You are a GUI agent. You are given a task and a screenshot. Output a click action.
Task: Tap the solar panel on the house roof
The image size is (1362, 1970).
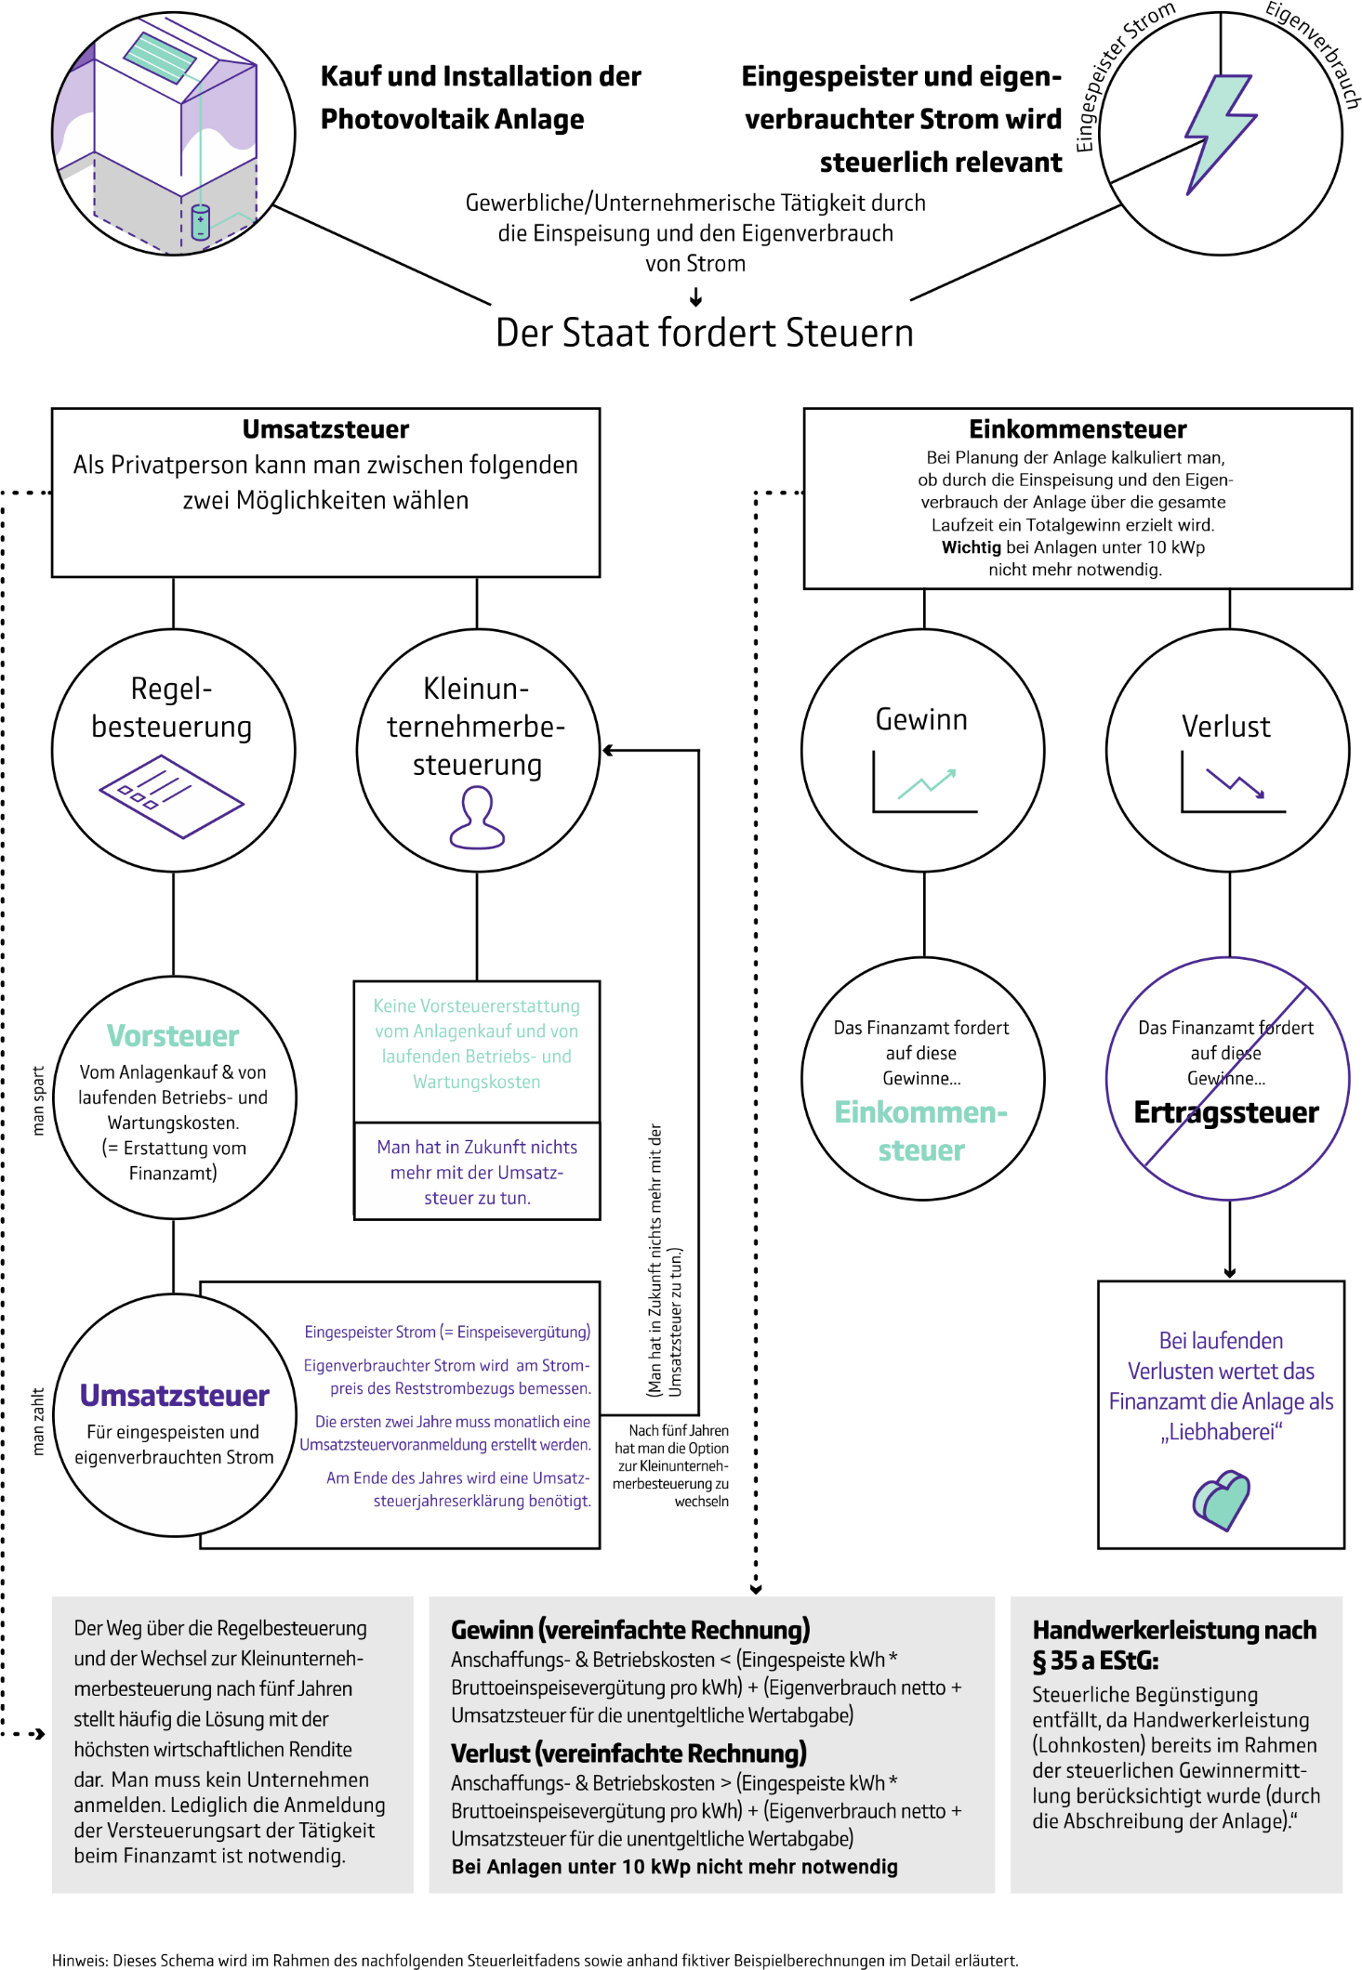pyautogui.click(x=161, y=58)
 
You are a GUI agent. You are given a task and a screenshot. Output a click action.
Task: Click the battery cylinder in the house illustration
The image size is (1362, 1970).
pyautogui.click(x=200, y=222)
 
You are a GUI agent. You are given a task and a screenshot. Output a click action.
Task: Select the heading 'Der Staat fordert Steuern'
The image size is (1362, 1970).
pyautogui.click(x=704, y=333)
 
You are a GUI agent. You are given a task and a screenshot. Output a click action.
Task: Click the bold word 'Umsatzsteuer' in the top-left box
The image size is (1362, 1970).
pyautogui.click(x=325, y=429)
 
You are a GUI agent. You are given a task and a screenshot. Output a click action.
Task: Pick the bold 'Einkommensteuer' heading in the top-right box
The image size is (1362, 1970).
pyautogui.click(x=1078, y=429)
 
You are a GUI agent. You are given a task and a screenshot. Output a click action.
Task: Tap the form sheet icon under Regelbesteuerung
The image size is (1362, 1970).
pyautogui.click(x=171, y=795)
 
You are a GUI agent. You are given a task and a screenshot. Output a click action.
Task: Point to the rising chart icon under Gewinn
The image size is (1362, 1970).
pyautogui.click(x=925, y=784)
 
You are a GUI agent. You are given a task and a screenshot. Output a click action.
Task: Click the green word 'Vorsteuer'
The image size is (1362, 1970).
pyautogui.click(x=173, y=1035)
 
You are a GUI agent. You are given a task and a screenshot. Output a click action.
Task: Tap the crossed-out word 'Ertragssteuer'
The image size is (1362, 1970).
pyautogui.click(x=1225, y=1112)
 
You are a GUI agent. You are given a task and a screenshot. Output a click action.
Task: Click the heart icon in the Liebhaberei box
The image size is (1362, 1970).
pyautogui.click(x=1221, y=1499)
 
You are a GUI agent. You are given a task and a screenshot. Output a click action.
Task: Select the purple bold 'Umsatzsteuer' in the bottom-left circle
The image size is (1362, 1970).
pyautogui.click(x=174, y=1396)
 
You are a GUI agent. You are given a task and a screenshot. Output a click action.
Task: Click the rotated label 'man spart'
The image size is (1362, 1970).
pyautogui.click(x=38, y=1100)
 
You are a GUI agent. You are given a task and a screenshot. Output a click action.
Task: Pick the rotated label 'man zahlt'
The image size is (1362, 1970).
pyautogui.click(x=38, y=1421)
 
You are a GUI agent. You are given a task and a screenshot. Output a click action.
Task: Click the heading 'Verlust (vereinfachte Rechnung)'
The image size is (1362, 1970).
pyautogui.click(x=628, y=1753)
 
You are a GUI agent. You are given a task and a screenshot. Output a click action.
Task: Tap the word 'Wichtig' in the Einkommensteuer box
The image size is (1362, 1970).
pyautogui.click(x=971, y=547)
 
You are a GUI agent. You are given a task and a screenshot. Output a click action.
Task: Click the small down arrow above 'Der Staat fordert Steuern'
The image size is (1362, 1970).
pyautogui.click(x=695, y=297)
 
